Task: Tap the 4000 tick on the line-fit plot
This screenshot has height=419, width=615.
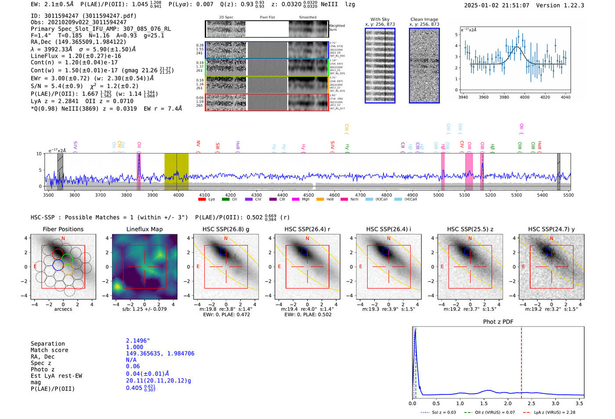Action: (525, 97)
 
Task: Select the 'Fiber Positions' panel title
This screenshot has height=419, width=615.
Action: (63, 229)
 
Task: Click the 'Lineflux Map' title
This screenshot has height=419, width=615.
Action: (144, 229)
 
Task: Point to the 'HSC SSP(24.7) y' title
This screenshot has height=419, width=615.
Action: (551, 229)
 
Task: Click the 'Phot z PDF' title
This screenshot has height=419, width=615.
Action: (498, 322)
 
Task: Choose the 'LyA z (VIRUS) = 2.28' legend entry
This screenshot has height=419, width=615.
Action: (554, 412)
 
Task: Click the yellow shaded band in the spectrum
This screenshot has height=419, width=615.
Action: (176, 171)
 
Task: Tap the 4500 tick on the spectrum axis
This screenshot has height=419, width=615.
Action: (308, 195)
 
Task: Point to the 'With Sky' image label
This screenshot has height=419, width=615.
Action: (380, 19)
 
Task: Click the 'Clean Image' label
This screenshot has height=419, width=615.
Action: (424, 19)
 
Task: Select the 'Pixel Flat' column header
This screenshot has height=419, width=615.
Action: (267, 18)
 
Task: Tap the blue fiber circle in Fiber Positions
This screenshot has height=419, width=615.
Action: (58, 265)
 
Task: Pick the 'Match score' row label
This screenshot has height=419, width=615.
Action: (49, 350)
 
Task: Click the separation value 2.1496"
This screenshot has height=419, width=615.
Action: (138, 341)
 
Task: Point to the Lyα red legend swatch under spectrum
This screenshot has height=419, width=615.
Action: (202, 200)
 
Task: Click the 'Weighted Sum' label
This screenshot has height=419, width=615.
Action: (336, 28)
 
